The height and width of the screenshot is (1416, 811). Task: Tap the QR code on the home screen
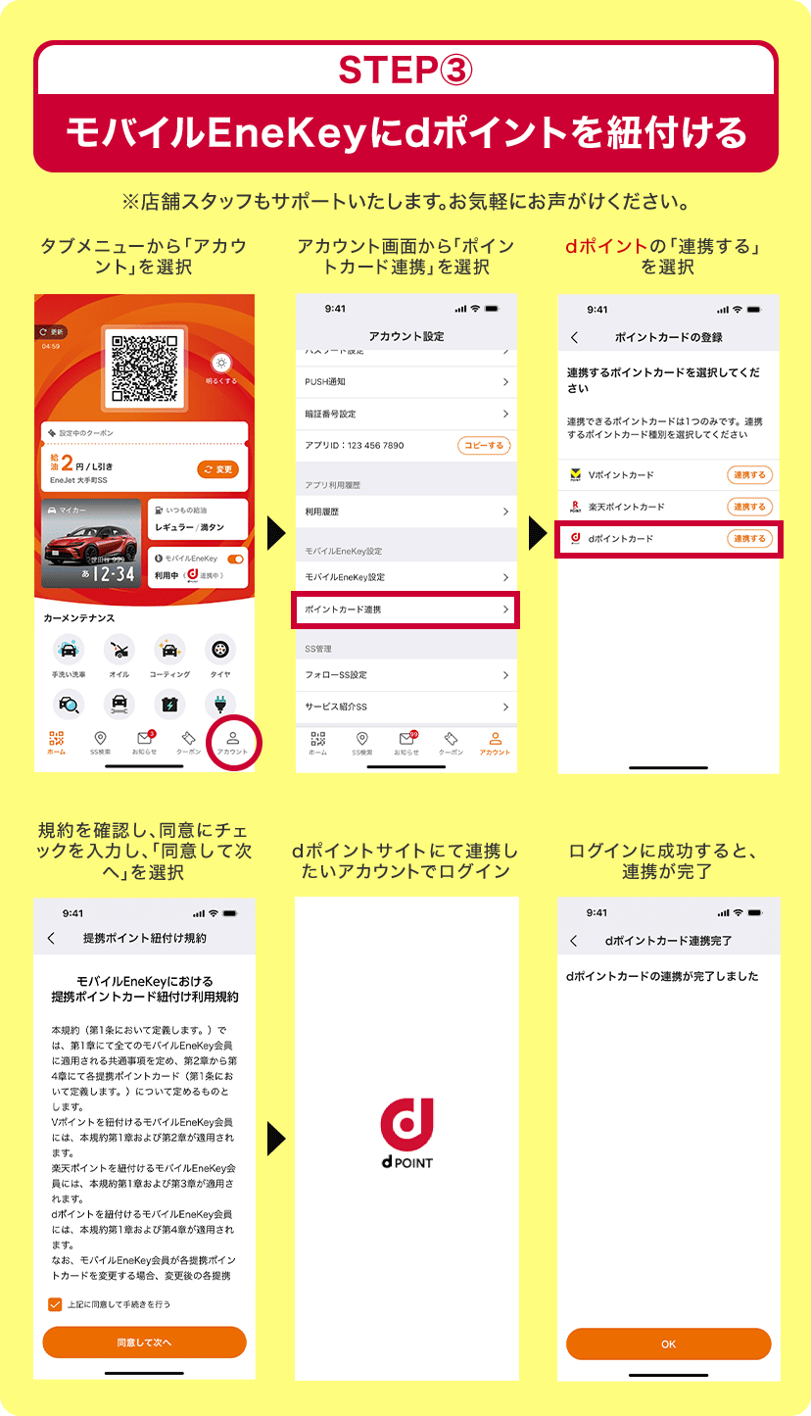coord(144,368)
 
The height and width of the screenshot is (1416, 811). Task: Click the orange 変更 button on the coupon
coord(217,469)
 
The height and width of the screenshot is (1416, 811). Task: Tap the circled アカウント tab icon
coord(233,743)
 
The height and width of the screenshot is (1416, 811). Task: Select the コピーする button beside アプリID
coord(484,446)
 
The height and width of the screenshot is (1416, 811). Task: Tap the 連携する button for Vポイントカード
coord(749,475)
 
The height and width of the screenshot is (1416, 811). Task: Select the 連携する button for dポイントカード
coord(749,539)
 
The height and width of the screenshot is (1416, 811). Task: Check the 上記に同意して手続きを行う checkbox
coord(55,1304)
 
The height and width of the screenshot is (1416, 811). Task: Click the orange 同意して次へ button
coord(144,1342)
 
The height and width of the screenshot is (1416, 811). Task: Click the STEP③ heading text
coord(405,70)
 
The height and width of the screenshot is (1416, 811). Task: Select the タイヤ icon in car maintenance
coord(220,650)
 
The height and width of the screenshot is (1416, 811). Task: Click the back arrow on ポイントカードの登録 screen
coord(574,337)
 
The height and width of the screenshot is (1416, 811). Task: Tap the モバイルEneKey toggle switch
coord(235,559)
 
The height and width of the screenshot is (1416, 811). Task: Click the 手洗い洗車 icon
coord(69,650)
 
